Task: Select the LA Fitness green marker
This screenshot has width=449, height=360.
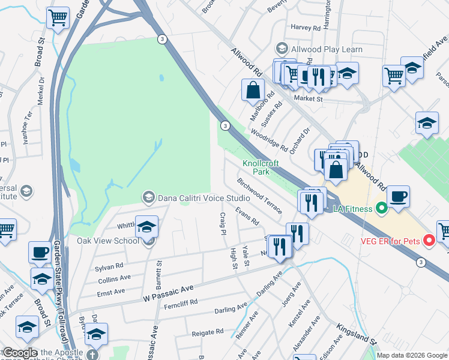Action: (x=380, y=209)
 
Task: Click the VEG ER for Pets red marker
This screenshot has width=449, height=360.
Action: (x=429, y=241)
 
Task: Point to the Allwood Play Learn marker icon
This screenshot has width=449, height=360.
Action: (x=280, y=48)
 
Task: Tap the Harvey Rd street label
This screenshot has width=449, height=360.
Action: (x=305, y=28)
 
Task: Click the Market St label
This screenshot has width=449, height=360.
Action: (x=308, y=99)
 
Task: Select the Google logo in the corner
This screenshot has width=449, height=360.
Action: (x=20, y=353)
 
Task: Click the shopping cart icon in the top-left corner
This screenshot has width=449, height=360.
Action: (x=58, y=18)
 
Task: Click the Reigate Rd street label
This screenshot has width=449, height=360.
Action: (x=207, y=331)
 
